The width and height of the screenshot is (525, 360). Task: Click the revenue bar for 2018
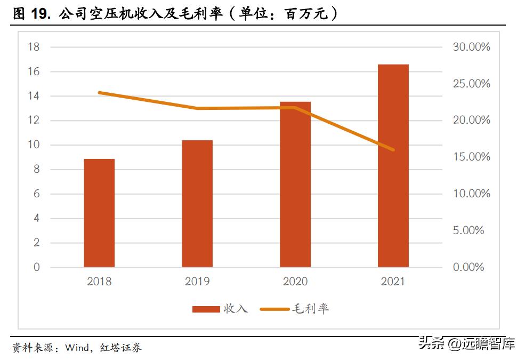pyautogui.click(x=99, y=213)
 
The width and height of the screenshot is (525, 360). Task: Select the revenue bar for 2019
pyautogui.click(x=197, y=204)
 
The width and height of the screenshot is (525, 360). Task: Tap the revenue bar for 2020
pyautogui.click(x=295, y=185)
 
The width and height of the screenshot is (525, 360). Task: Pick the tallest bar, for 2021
pyautogui.click(x=393, y=166)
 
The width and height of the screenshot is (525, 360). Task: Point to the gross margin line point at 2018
pyautogui.click(x=100, y=93)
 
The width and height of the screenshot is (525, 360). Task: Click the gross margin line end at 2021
pyautogui.click(x=393, y=150)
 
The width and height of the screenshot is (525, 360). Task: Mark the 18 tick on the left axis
pyautogui.click(x=34, y=47)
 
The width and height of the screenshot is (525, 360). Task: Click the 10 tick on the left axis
pyautogui.click(x=34, y=145)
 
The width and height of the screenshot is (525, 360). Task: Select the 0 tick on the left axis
pyautogui.click(x=37, y=267)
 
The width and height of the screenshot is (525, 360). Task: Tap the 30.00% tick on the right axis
pyautogui.click(x=471, y=47)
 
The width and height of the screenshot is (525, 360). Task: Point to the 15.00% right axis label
pyautogui.click(x=471, y=157)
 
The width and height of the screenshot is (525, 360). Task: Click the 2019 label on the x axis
pyautogui.click(x=197, y=282)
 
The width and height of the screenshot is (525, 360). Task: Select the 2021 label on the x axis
pyautogui.click(x=393, y=282)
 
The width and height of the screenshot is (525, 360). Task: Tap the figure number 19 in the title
pyautogui.click(x=39, y=14)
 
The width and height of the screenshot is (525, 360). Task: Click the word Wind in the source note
pyautogui.click(x=77, y=348)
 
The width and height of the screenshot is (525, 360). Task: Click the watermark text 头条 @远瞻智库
pyautogui.click(x=466, y=343)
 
